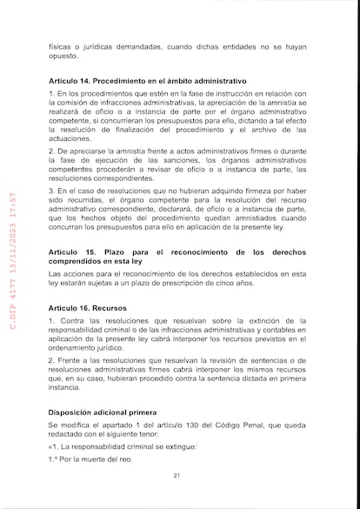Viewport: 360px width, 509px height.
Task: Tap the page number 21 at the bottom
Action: point(177,475)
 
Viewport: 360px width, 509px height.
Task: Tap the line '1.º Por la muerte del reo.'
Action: point(91,459)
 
